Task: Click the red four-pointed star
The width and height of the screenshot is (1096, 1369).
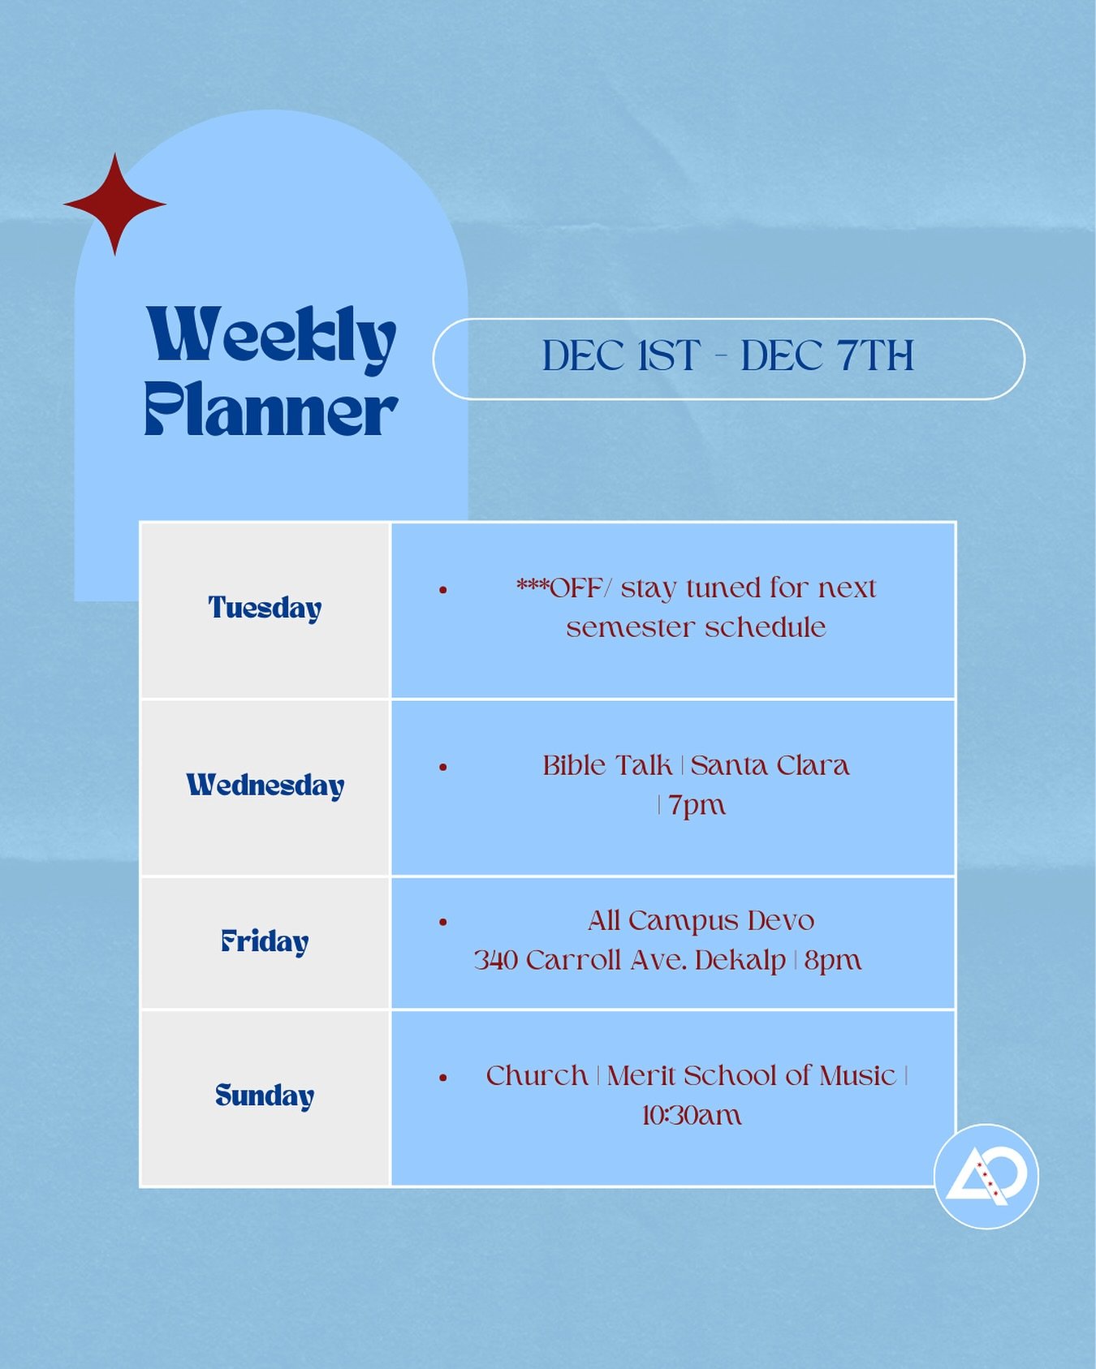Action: [115, 204]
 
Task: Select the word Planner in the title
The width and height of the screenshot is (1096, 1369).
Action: [271, 409]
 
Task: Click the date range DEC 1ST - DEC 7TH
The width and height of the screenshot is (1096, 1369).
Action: [728, 356]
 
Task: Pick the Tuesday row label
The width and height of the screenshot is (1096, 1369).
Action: [265, 608]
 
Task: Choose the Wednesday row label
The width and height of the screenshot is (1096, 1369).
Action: [265, 786]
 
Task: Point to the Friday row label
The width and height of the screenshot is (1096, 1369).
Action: [265, 941]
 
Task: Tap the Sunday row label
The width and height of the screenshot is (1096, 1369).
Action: [265, 1096]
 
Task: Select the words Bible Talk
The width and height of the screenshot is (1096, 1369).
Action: [607, 765]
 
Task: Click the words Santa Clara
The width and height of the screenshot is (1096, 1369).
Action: [770, 765]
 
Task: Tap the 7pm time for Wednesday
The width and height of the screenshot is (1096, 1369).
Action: [697, 805]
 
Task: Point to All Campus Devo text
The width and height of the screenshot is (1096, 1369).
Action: [701, 921]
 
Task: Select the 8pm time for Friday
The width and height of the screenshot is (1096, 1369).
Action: [832, 961]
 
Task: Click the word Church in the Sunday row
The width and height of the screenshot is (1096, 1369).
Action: [537, 1076]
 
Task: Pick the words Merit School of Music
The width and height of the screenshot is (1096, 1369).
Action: [751, 1076]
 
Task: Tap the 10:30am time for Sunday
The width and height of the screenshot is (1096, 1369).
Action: [692, 1116]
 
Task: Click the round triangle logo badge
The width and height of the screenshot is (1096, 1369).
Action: [986, 1176]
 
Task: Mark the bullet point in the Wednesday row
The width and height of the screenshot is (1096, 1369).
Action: [443, 767]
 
